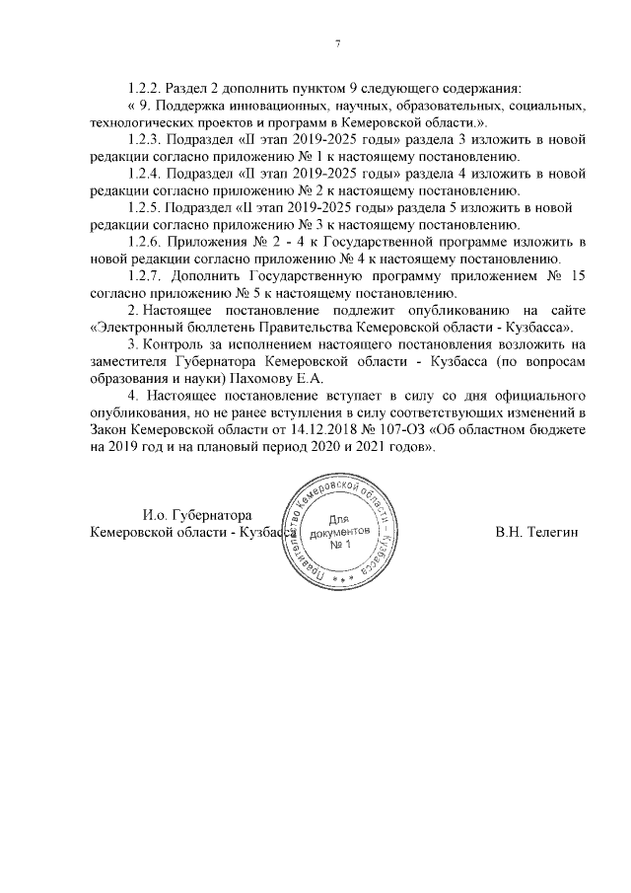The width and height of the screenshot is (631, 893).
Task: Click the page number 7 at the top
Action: click(x=337, y=43)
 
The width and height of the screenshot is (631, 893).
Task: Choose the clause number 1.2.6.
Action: click(x=146, y=242)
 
